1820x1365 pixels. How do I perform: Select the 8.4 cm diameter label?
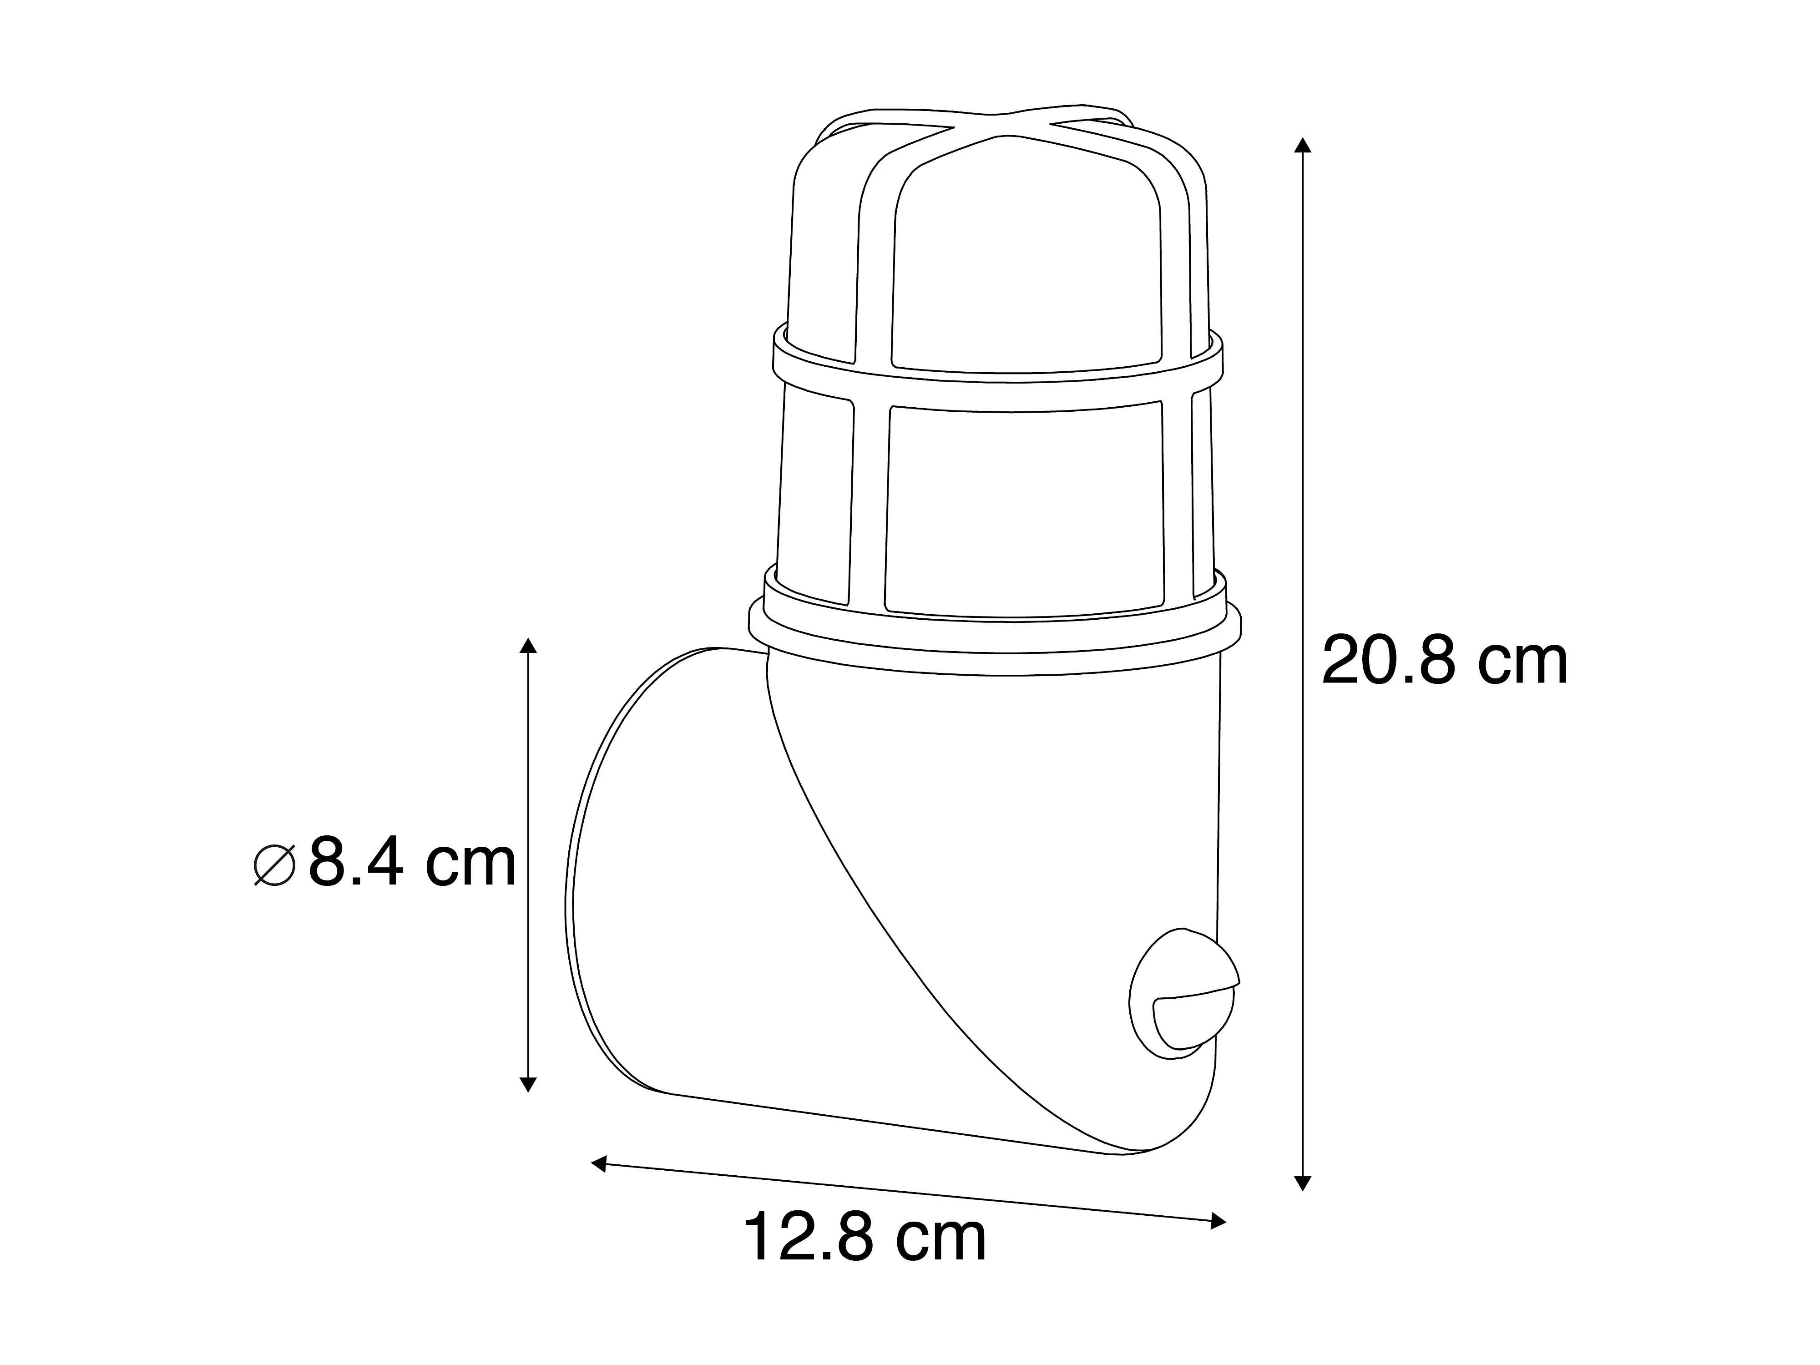411,863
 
